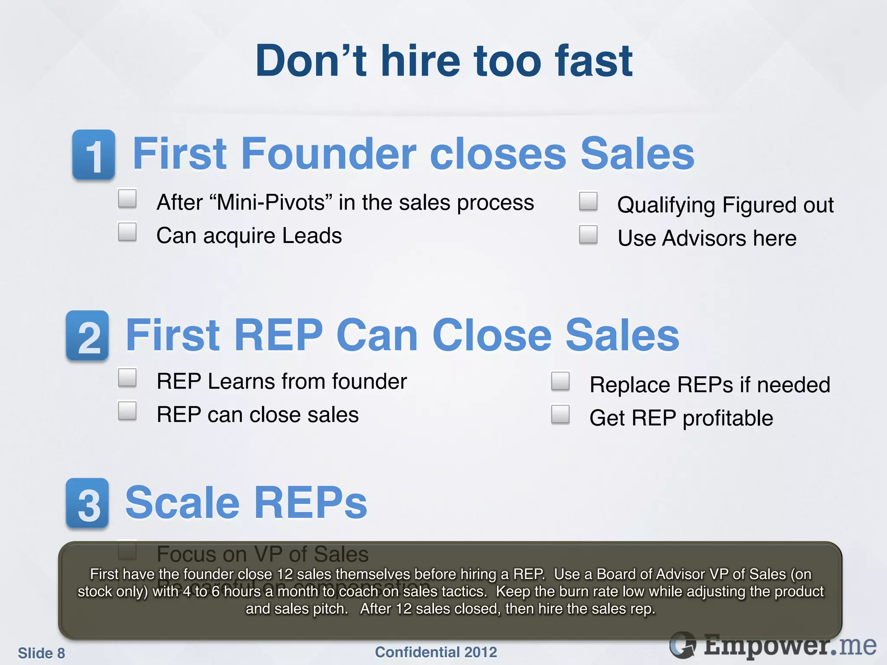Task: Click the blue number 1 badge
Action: pos(94,155)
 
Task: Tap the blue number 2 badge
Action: pos(87,336)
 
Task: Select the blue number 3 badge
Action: pos(87,503)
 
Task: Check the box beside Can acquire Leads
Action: pos(127,232)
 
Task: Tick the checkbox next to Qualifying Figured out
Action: pos(588,201)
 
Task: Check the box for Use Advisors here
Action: pos(588,234)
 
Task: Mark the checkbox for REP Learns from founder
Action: pos(127,378)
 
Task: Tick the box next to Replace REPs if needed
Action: pos(560,381)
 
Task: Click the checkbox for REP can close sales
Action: pos(127,410)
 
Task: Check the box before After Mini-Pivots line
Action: pos(127,199)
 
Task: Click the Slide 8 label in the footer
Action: pos(41,653)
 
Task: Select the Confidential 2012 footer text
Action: pos(436,652)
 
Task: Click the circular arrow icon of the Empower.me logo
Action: pos(683,645)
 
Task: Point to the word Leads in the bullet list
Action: pos(312,236)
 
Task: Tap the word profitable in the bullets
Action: pos(728,418)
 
